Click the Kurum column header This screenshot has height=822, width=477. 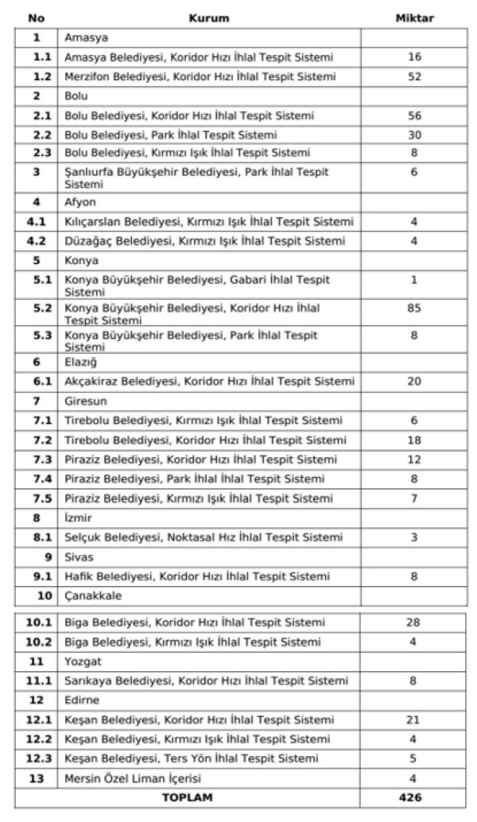209,17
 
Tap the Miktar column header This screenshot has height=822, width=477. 414,17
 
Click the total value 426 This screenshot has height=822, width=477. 414,797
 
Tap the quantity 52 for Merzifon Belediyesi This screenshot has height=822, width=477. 414,76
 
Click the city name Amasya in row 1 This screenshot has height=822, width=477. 86,37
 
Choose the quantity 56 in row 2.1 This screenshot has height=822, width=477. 414,115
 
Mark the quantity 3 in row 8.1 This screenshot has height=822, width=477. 414,537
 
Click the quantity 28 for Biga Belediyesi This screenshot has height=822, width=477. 414,622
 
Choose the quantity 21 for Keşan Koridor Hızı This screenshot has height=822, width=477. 414,720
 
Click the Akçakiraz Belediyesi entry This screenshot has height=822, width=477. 209,382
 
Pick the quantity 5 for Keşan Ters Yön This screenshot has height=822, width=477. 414,758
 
